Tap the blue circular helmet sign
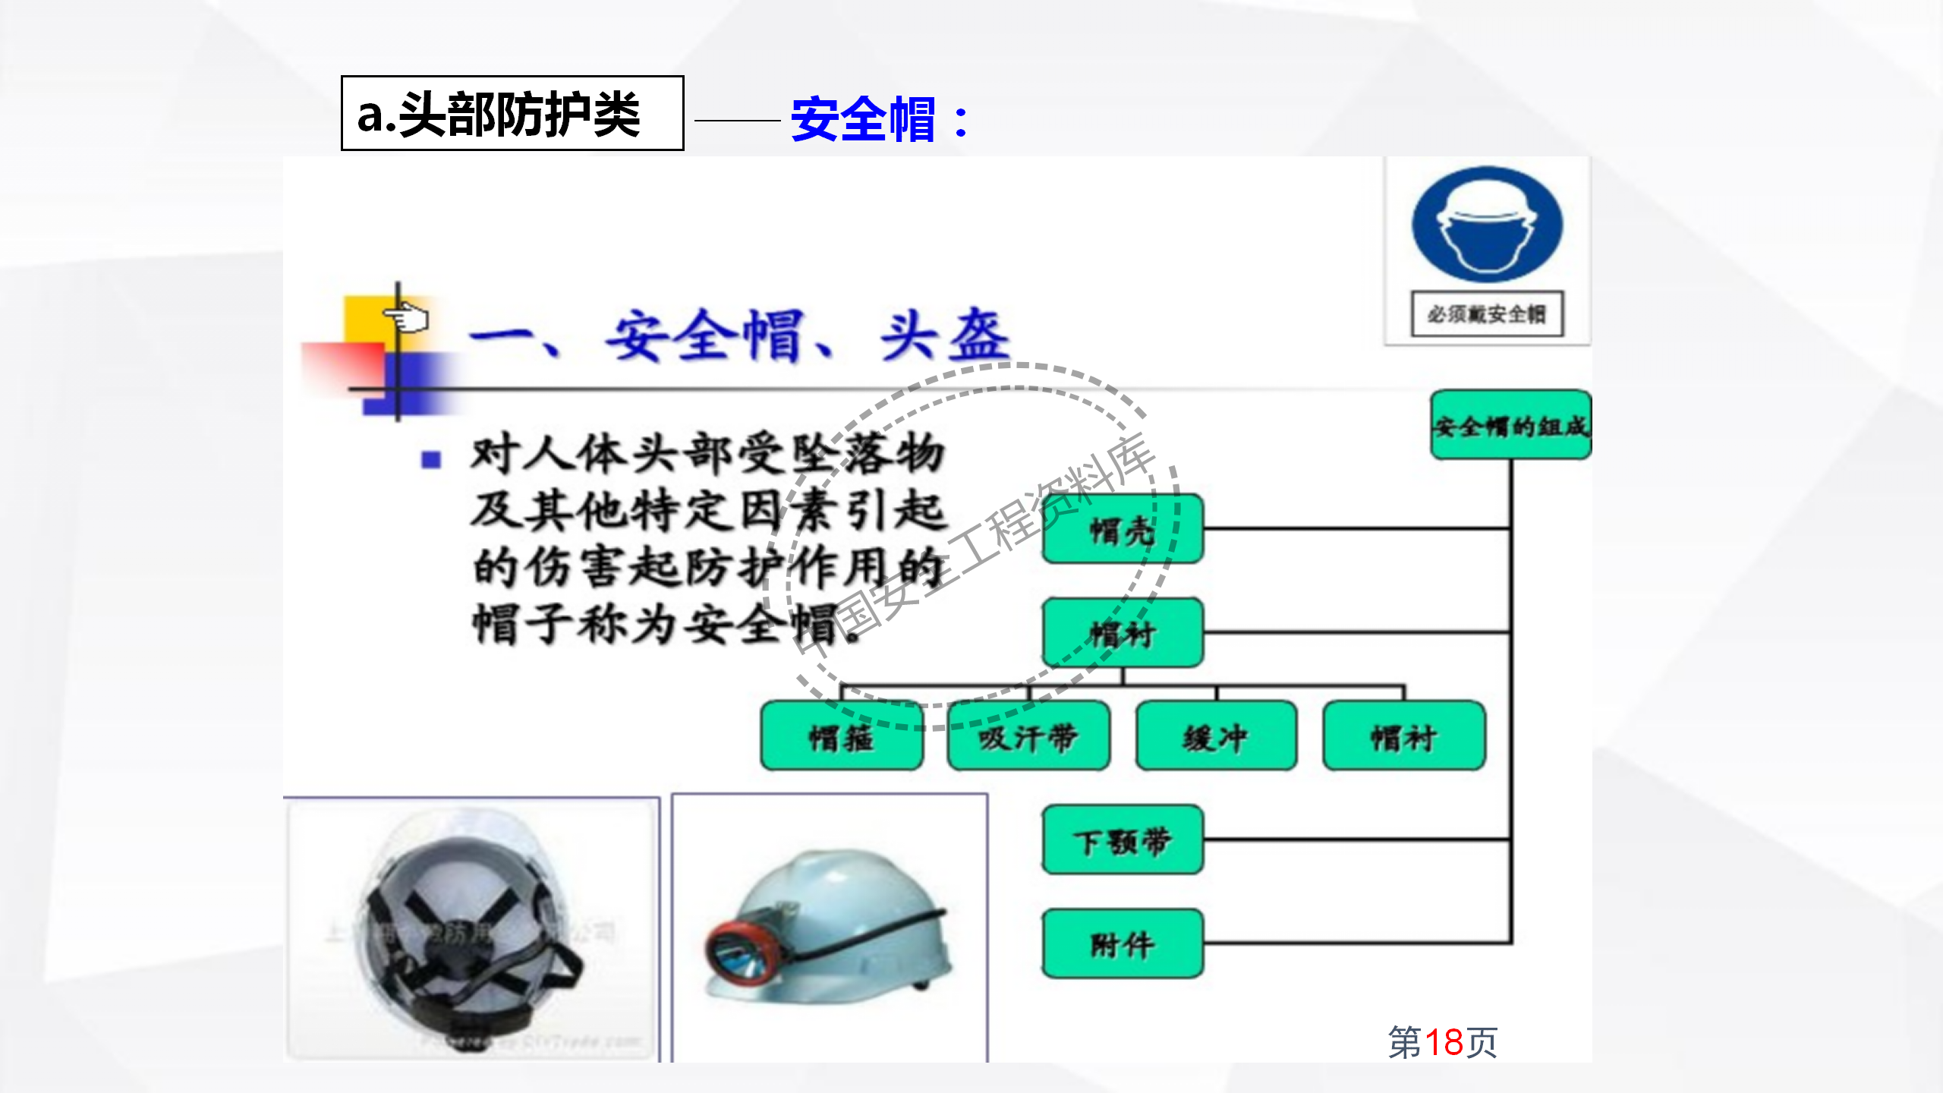tap(1487, 225)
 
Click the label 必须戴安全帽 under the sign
tap(1487, 313)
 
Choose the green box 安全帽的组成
tap(1510, 425)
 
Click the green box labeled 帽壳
tap(1123, 529)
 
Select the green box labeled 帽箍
tap(842, 736)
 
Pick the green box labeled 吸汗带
tap(1028, 736)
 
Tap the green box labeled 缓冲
tap(1216, 736)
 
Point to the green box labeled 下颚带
tap(1123, 840)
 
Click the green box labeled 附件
tap(1123, 943)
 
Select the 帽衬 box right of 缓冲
tap(1403, 736)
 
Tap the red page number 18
tap(1444, 1042)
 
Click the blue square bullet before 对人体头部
tap(431, 459)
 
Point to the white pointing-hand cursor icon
tap(408, 317)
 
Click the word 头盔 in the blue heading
tap(945, 335)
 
